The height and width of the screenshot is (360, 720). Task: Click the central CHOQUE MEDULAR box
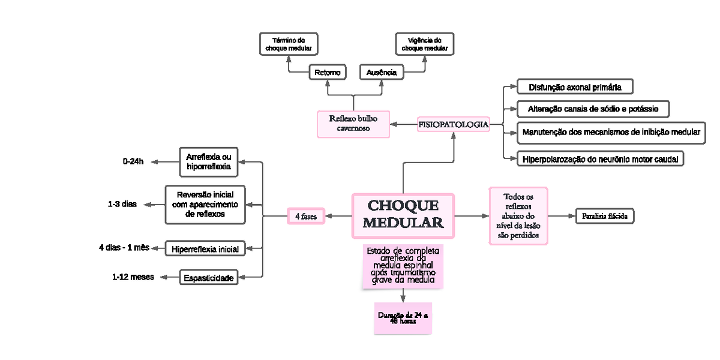403,215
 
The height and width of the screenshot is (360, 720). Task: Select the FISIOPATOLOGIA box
453,124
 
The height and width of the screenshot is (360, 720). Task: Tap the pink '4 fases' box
305,215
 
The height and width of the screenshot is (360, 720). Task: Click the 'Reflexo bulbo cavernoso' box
353,124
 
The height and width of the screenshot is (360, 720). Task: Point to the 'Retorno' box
328,73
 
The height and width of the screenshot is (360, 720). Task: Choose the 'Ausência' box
381,73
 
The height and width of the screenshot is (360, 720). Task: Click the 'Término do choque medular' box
288,44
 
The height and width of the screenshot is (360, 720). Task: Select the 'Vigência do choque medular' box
424,44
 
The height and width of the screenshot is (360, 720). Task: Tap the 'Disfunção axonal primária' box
575,87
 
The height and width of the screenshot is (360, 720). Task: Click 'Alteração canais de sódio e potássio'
593,109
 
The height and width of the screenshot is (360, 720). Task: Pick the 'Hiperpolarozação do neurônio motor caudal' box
600,159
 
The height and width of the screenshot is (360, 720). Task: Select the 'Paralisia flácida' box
605,216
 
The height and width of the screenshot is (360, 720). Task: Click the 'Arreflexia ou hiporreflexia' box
208,162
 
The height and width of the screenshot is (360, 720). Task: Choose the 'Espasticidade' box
208,277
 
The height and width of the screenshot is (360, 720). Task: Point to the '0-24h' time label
133,161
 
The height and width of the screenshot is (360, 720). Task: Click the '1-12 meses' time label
133,277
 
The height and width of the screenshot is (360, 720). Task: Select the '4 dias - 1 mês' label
124,248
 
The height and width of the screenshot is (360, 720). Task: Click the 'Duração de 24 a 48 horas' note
402,318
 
